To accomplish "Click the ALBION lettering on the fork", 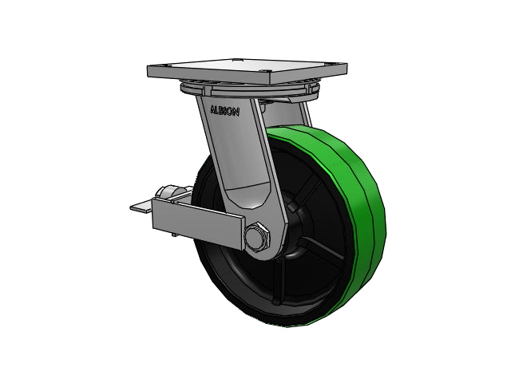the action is (225, 111).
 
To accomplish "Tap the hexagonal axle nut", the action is (257, 237).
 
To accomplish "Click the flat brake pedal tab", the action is (141, 207).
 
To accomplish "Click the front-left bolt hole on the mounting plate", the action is (168, 66).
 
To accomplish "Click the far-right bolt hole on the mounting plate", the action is (334, 64).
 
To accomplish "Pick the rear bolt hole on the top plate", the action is (236, 60).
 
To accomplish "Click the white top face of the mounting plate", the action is (248, 65).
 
